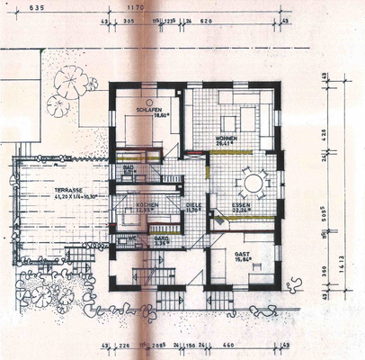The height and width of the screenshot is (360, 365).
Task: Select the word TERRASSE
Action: [68, 191]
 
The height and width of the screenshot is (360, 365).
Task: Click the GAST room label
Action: [242, 255]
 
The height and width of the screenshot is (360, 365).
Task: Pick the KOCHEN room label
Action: [147, 204]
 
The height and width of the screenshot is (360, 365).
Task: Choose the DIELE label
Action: [193, 205]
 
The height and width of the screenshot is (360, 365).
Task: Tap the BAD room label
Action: [128, 166]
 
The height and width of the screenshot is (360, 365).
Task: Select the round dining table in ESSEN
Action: [253, 184]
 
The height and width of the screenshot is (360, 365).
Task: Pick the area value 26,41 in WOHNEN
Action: [224, 142]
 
